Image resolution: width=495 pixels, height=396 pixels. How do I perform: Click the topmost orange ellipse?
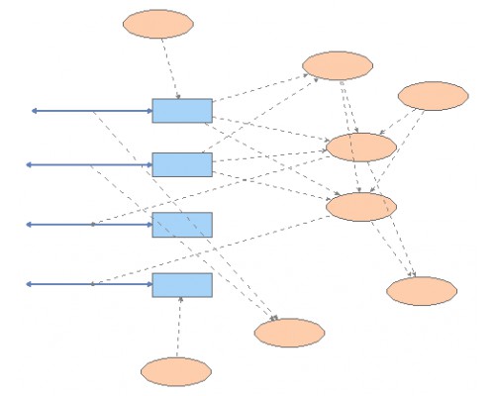[158, 24]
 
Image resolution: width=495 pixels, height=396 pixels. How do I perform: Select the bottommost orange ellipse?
[176, 371]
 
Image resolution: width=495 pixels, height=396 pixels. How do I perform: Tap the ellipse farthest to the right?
[433, 96]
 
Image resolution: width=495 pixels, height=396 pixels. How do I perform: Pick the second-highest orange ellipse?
[338, 65]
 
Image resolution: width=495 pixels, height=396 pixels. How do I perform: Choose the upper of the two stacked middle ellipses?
[361, 147]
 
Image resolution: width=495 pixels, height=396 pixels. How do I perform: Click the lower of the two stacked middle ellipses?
[361, 206]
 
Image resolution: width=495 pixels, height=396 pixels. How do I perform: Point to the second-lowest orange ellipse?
[289, 333]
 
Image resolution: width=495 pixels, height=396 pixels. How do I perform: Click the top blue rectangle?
[182, 111]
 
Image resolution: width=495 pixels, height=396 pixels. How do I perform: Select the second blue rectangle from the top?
[182, 164]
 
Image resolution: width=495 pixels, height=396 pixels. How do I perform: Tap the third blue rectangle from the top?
[182, 225]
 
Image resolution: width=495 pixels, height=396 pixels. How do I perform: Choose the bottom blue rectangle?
[182, 285]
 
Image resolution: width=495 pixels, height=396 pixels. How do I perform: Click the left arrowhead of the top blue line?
[33, 111]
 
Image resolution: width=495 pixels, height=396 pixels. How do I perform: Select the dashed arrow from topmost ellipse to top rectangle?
[169, 68]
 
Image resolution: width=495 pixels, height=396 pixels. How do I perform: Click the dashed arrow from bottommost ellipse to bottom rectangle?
[179, 327]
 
